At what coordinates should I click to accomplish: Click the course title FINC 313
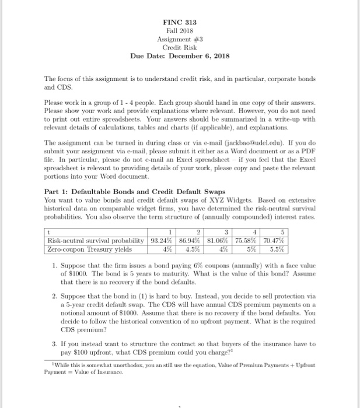click(180, 22)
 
